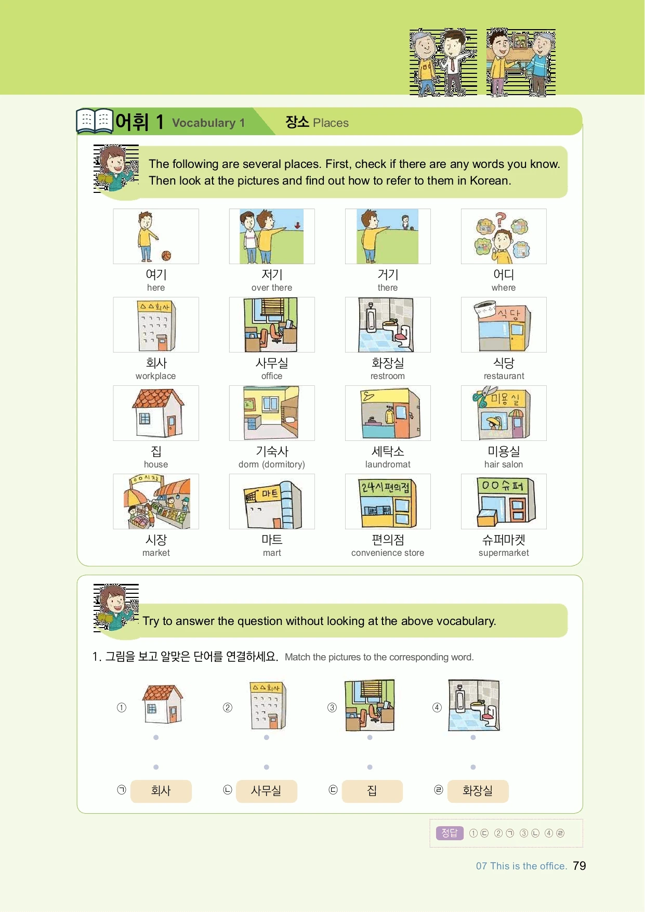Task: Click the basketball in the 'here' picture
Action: point(166,255)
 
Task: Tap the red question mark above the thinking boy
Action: point(500,219)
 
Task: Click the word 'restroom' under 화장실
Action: point(388,376)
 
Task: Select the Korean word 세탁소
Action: point(388,451)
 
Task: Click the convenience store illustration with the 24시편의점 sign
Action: point(388,502)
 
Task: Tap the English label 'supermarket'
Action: point(504,553)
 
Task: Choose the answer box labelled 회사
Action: point(161,791)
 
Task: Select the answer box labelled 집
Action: point(372,791)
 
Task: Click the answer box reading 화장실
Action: point(478,791)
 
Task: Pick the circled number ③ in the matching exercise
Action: point(332,707)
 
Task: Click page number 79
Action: point(580,866)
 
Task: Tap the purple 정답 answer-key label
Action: point(450,833)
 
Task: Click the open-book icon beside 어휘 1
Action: point(95,121)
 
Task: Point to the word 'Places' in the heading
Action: point(331,123)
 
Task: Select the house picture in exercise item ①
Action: point(163,704)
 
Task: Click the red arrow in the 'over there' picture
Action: point(297,225)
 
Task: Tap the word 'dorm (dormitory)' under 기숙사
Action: point(272,464)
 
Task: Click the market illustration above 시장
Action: point(156,502)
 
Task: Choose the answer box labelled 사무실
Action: point(267,791)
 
